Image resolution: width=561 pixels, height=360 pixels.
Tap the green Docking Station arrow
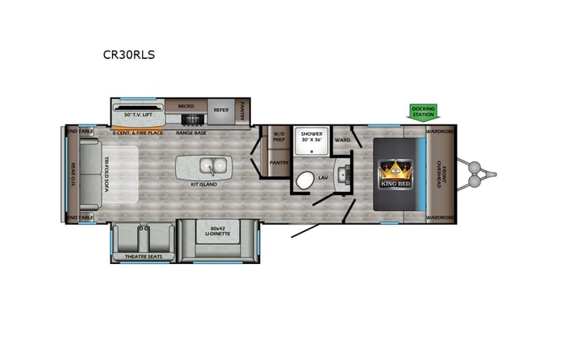tap(423, 112)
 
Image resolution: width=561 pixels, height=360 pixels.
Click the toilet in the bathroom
tap(305, 182)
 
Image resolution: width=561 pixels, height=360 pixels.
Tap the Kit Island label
tap(205, 184)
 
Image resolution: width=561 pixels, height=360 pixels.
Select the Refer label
tap(221, 109)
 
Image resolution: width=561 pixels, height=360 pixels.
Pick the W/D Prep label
tap(279, 137)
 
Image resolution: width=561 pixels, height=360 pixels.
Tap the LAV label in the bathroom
tap(323, 177)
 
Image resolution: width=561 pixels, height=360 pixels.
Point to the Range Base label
tap(191, 132)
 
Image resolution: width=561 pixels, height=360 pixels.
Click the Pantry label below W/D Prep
tap(278, 163)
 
